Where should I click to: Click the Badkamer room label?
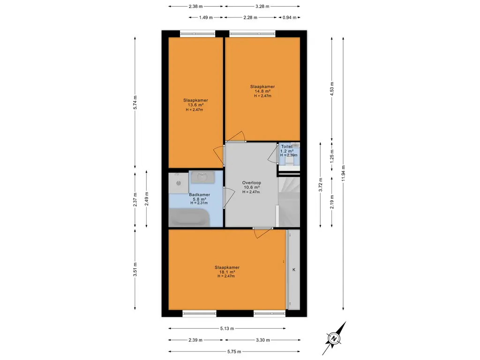point(199,195)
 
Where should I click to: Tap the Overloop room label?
point(252,183)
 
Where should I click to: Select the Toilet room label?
point(287,147)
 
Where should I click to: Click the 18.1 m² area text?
point(227,272)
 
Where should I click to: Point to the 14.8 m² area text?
point(262,91)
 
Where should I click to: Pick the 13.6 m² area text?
point(195,105)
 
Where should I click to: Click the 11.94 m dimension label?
point(343,173)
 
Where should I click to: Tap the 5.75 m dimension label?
point(234,352)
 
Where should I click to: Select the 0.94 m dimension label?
point(289,17)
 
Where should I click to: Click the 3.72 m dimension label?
point(321,185)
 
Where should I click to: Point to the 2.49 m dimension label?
point(146,199)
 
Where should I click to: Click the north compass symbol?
point(334,338)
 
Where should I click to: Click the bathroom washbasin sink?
point(202,177)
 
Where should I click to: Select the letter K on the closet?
point(294,270)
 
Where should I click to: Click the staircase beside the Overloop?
point(289,202)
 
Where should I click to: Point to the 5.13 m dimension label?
point(227,329)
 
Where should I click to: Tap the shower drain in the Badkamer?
point(179,183)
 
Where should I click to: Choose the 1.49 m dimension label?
point(206,17)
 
